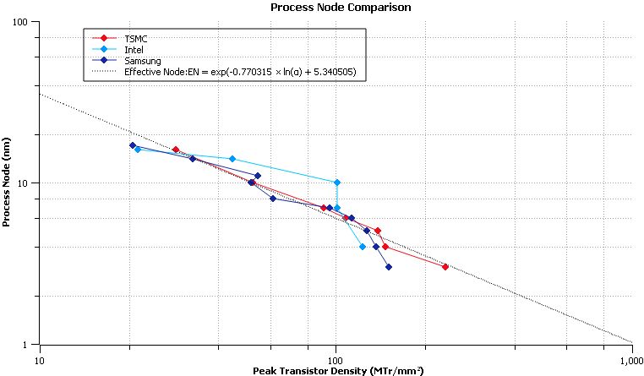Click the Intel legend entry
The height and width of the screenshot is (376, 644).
(134, 50)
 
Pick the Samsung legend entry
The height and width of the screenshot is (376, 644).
(142, 61)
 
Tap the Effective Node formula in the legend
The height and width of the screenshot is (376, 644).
(244, 73)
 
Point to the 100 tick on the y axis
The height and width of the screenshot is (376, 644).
(25, 22)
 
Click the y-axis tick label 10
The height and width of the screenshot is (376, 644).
(28, 183)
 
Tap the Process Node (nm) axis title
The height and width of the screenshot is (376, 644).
(7, 183)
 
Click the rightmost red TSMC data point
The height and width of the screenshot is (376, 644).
(445, 267)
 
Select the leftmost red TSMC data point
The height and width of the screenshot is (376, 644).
(176, 150)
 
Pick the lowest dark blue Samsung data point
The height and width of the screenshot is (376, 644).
(389, 267)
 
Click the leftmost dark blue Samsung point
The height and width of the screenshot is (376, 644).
(133, 145)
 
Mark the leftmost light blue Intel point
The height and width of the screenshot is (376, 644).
(138, 150)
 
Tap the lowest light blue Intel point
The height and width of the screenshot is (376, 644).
(363, 247)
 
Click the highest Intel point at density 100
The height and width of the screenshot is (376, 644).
(337, 183)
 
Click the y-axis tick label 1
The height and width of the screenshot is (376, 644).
(30, 344)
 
